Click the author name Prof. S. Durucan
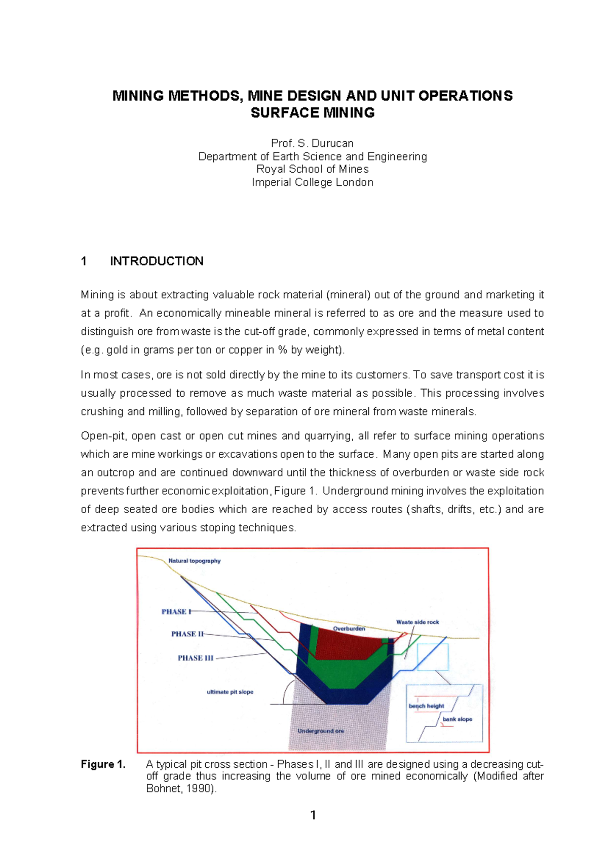312,143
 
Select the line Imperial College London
312,182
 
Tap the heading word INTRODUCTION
157,261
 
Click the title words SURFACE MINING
312,113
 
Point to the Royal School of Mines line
312,169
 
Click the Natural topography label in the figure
194,561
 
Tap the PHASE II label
187,634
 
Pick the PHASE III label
195,658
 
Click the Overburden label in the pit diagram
349,629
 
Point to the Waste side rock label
417,622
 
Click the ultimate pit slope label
230,692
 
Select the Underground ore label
321,731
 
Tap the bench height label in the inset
426,706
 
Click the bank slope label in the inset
457,719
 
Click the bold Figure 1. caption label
103,764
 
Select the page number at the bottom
313,815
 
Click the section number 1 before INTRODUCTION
84,261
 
